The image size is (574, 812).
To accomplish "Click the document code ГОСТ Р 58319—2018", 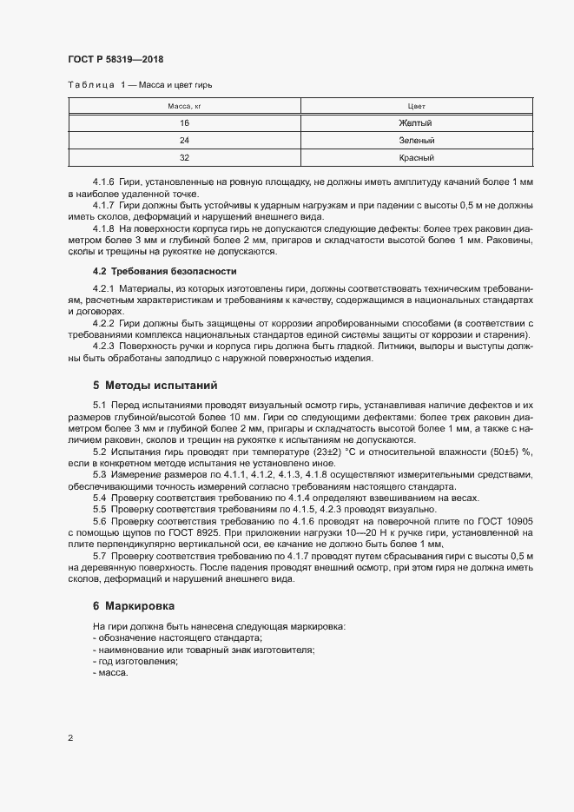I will (115, 60).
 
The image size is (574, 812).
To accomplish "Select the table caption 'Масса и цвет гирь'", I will (175, 85).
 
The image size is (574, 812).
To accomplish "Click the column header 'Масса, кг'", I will (184, 105).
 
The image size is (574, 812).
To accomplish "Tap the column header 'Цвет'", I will (415, 105).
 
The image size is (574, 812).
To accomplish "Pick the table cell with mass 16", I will (184, 123).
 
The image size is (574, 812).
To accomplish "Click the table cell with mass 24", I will (184, 141).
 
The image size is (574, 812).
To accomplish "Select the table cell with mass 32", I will (184, 158).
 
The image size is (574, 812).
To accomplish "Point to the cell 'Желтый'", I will (415, 123).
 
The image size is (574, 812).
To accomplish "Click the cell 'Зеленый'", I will (415, 141).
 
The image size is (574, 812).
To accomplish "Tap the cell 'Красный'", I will (415, 158).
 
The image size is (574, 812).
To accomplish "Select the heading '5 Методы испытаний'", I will (155, 384).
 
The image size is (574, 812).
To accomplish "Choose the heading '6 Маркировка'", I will (138, 604).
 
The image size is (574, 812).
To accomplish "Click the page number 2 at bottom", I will (69, 738).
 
